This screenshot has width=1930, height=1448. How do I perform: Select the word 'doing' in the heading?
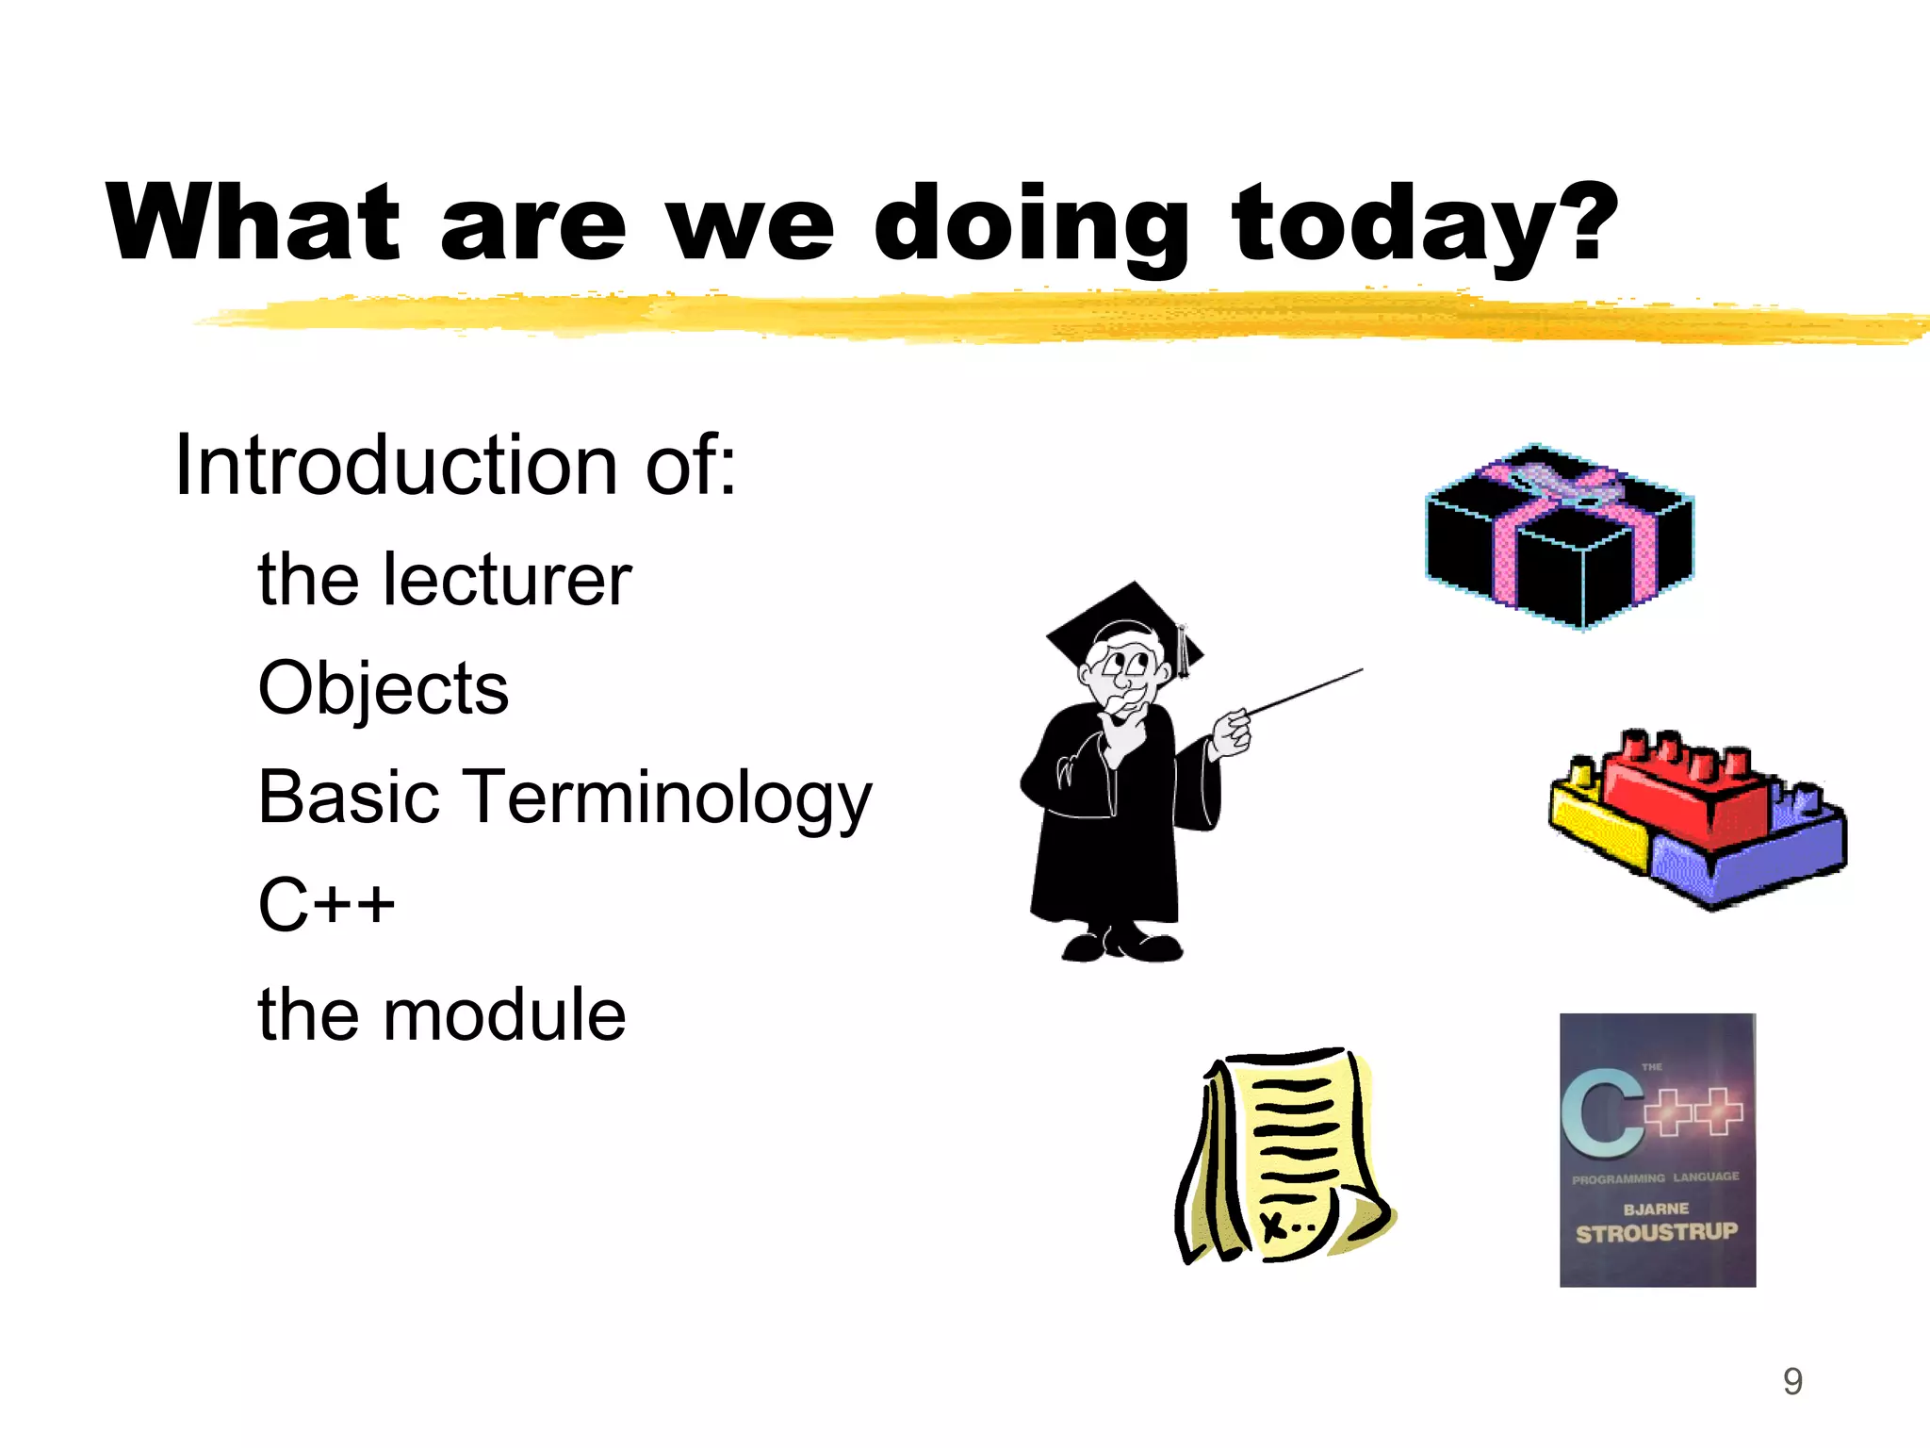pyautogui.click(x=1031, y=226)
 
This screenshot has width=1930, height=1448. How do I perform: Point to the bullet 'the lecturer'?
pyautogui.click(x=444, y=580)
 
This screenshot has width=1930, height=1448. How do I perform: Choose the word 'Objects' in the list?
pyautogui.click(x=383, y=688)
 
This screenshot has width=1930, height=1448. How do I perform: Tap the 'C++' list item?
pyautogui.click(x=326, y=905)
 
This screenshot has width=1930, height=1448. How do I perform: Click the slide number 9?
pyautogui.click(x=1792, y=1381)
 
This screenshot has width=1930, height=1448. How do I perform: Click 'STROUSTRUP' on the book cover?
pyautogui.click(x=1656, y=1232)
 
